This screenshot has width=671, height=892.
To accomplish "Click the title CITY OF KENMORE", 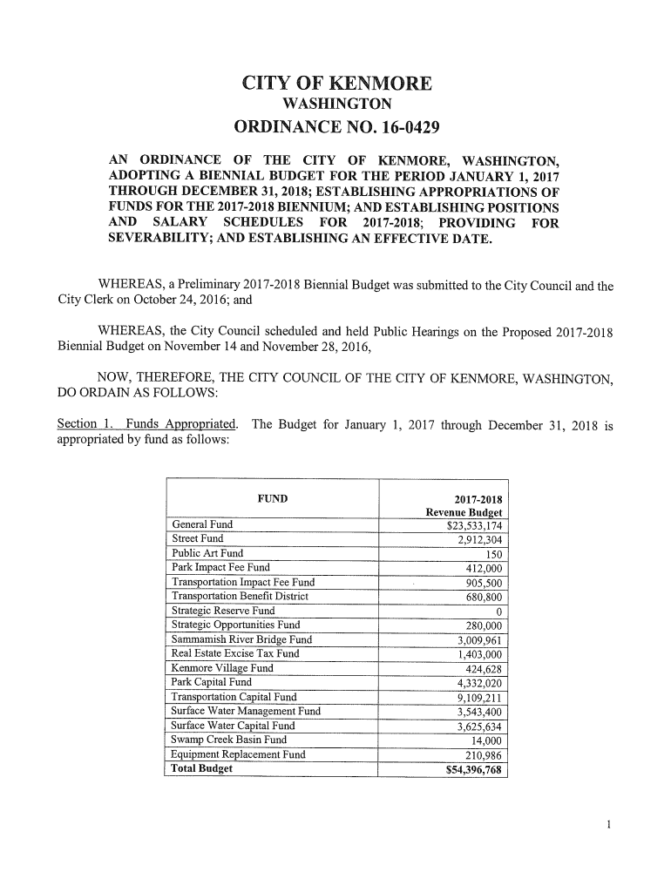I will coord(335,84).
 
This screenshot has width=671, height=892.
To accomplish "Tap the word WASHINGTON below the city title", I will coord(335,106).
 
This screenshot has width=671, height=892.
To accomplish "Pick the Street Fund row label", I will coord(198,539).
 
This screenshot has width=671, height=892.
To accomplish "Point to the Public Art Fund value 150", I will coord(494,554).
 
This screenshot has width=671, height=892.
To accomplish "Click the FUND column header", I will coord(274,498).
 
